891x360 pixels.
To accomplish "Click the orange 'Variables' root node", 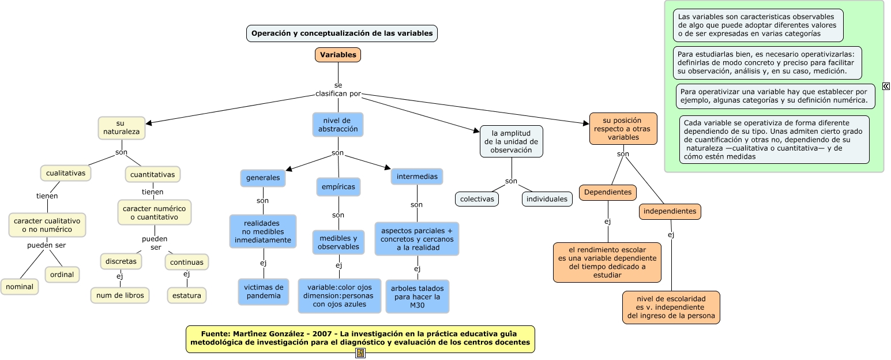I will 338,55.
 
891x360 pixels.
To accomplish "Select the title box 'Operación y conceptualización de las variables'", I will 342,33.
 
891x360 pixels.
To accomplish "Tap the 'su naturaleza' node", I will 122,128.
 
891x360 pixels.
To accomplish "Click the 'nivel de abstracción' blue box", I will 338,125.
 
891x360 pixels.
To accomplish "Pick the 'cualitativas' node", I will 66,172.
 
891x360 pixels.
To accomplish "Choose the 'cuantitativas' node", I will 153,174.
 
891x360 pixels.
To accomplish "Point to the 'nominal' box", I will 20,287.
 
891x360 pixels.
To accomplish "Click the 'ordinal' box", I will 62,275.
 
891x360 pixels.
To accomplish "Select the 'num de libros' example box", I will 120,295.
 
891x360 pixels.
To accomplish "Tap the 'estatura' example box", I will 187,295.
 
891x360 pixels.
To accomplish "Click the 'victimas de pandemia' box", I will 264,291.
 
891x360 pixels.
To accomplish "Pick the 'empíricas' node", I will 339,187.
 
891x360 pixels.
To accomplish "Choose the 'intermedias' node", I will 417,177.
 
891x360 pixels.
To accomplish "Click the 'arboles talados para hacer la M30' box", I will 418,297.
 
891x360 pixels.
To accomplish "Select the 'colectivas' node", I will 477,199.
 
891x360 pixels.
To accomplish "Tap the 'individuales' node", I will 547,199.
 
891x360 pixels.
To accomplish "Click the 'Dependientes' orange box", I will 608,192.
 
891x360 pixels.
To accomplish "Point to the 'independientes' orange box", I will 670,212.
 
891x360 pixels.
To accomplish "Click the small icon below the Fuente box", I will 360,353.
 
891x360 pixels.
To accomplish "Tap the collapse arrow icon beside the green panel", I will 886,87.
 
